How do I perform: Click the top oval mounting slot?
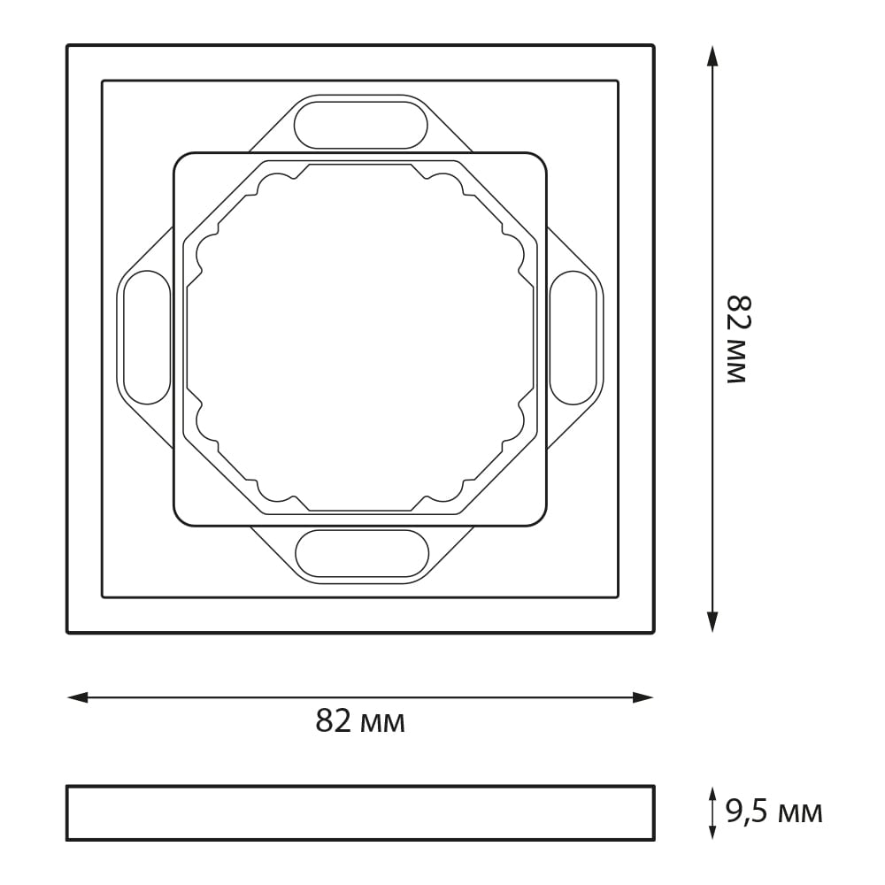pyautogui.click(x=361, y=125)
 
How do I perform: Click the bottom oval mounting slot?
pyautogui.click(x=361, y=553)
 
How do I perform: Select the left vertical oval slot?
pyautogui.click(x=147, y=337)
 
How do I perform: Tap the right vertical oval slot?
pyautogui.click(x=573, y=337)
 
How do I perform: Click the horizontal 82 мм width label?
pyautogui.click(x=360, y=720)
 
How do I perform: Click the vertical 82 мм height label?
pyautogui.click(x=736, y=339)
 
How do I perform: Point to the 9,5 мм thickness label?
pyautogui.click(x=773, y=813)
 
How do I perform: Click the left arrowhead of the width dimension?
pyautogui.click(x=78, y=697)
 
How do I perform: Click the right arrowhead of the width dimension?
pyautogui.click(x=643, y=697)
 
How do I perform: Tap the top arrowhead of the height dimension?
pyautogui.click(x=712, y=57)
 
